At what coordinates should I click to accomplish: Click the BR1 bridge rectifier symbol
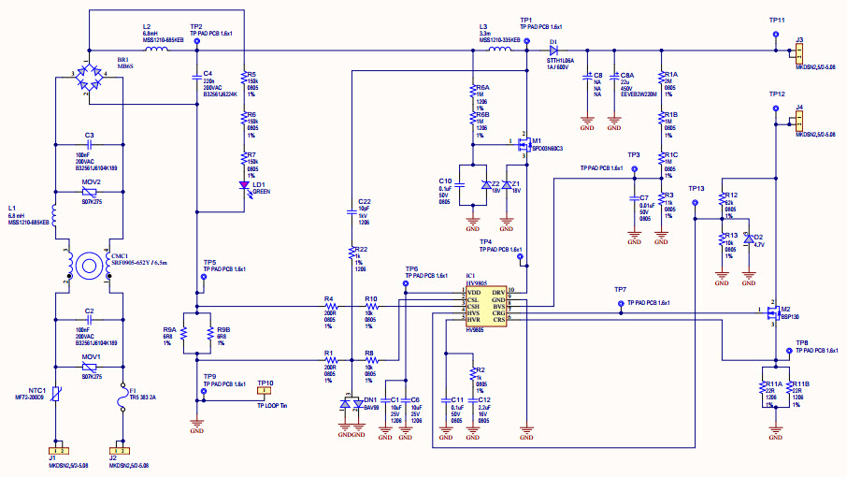[x=90, y=81]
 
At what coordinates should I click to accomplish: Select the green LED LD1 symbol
[x=245, y=184]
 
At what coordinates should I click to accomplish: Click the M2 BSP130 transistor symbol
[x=772, y=311]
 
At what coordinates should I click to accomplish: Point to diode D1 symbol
[x=553, y=49]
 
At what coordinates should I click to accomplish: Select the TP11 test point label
[x=777, y=20]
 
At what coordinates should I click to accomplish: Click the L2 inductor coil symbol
[x=156, y=48]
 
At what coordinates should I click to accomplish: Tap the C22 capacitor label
[x=364, y=201]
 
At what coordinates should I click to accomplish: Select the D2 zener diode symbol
[x=748, y=238]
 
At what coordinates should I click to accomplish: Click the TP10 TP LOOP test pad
[x=266, y=392]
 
